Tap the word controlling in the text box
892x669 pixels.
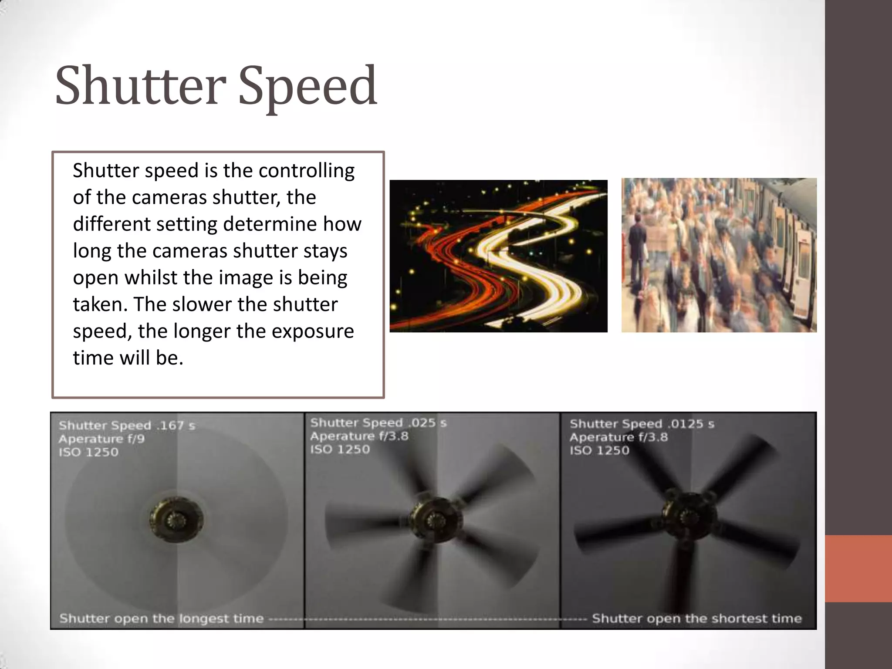coord(307,170)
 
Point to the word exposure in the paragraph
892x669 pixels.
coord(315,331)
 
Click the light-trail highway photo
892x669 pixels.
coord(498,256)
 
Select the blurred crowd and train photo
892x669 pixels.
coord(719,255)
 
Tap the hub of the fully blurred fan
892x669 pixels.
coord(177,518)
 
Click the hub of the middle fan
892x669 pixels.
coord(434,519)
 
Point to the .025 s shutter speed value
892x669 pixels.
coord(428,422)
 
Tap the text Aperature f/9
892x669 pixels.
coord(101,439)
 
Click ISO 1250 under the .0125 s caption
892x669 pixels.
coord(599,450)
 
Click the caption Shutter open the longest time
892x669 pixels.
coord(162,618)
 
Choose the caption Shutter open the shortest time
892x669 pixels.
coord(697,618)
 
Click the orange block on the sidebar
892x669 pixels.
coord(858,568)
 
